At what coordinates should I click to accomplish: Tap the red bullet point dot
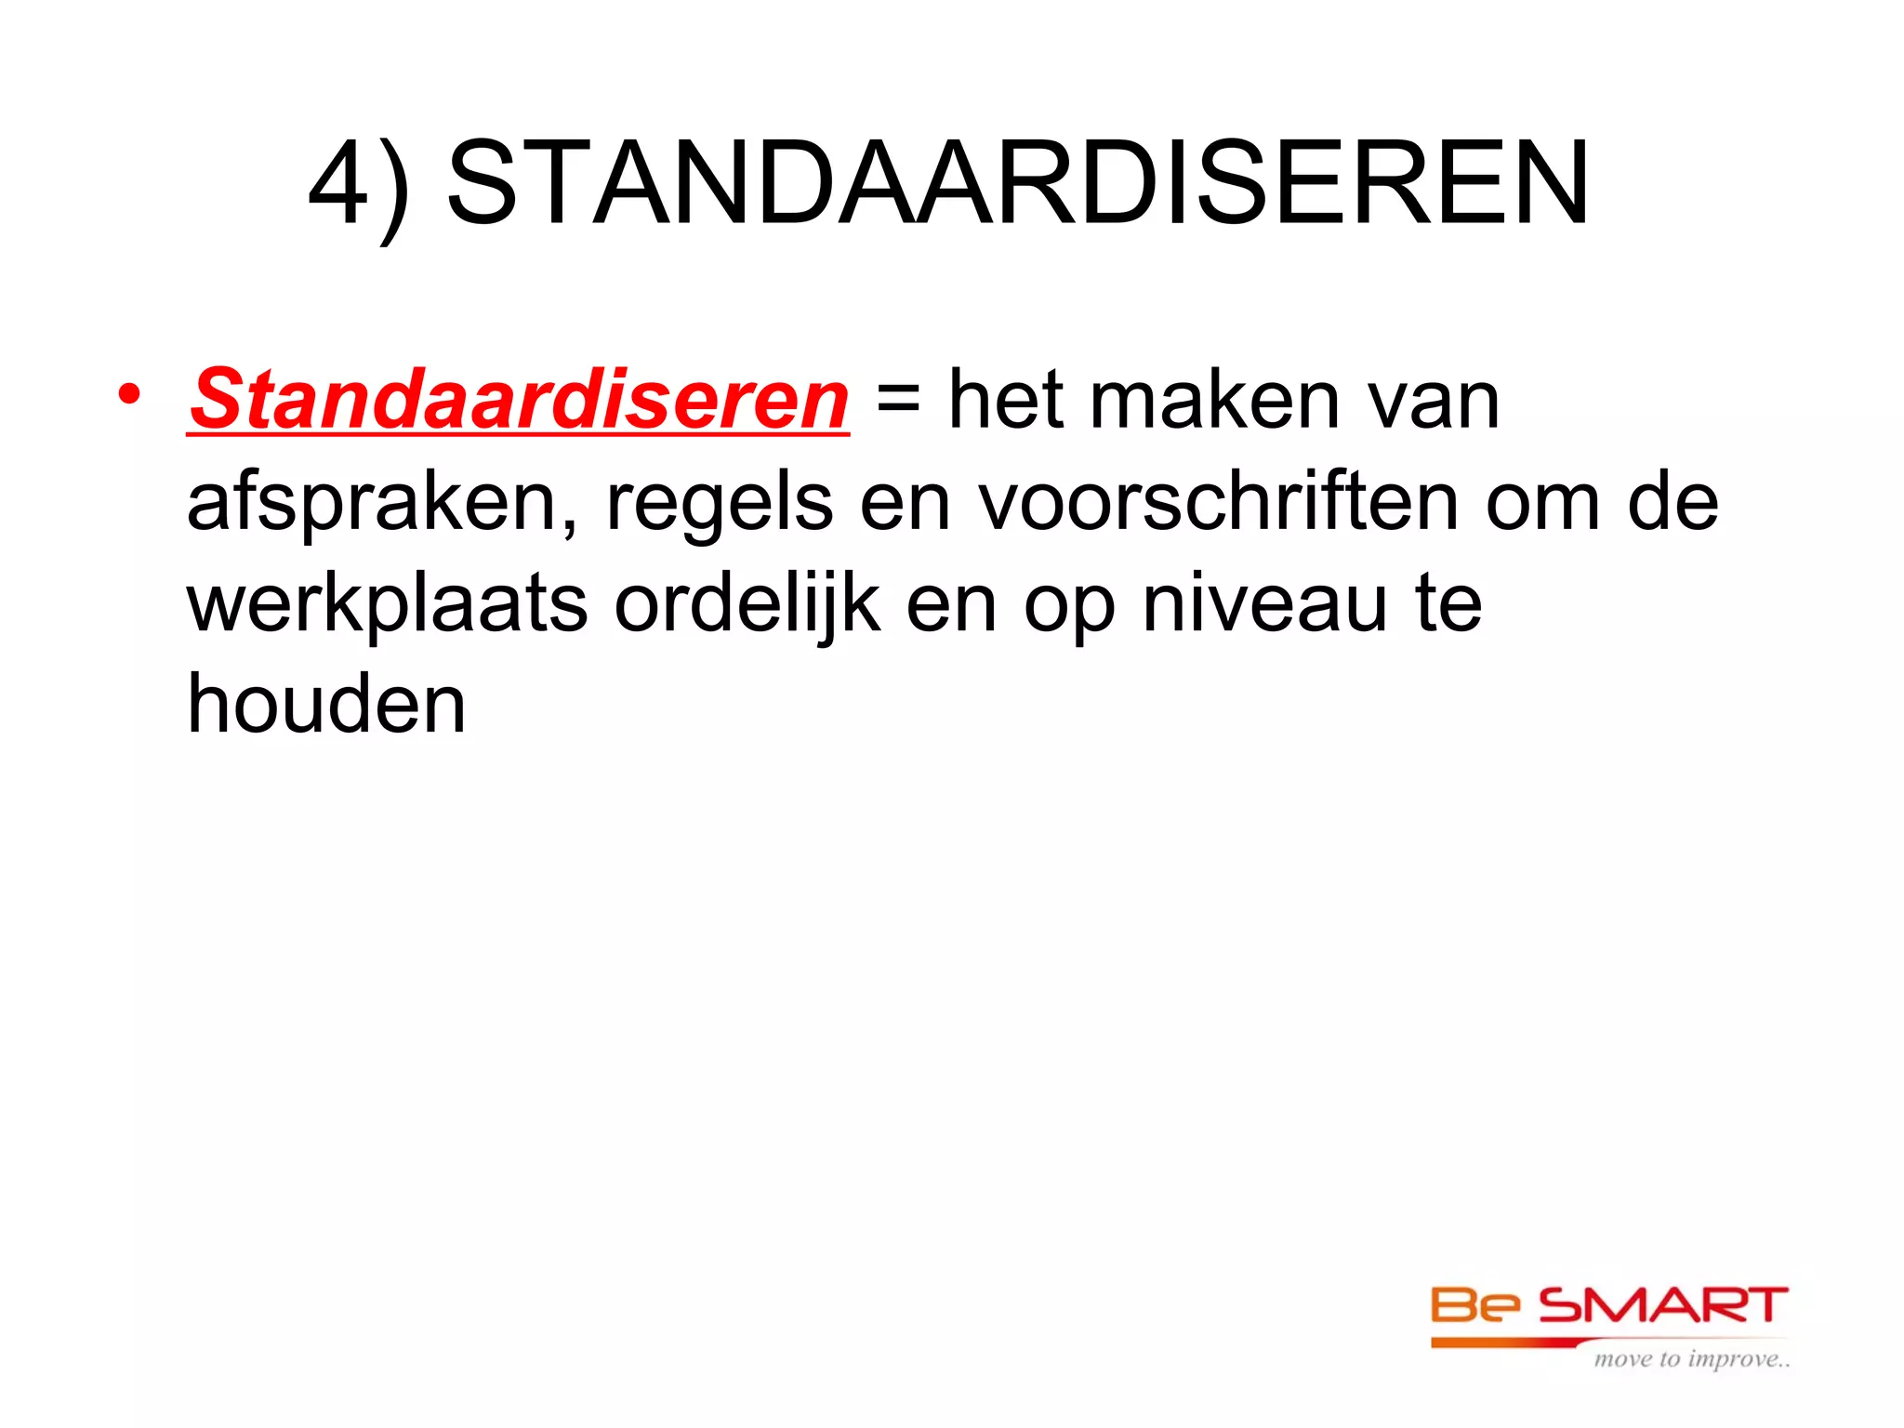pos(129,395)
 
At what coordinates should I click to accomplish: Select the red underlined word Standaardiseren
pos(519,400)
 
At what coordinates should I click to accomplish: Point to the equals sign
pos(898,402)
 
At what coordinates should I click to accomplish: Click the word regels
pos(720,504)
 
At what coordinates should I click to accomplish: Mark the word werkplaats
pos(388,604)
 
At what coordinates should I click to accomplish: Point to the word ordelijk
pos(747,604)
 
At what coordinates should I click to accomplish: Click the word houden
pos(326,704)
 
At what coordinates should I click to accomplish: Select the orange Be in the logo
pos(1474,1306)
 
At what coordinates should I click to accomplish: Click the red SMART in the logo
pos(1663,1306)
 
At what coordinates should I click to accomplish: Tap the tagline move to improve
pos(1691,1359)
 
